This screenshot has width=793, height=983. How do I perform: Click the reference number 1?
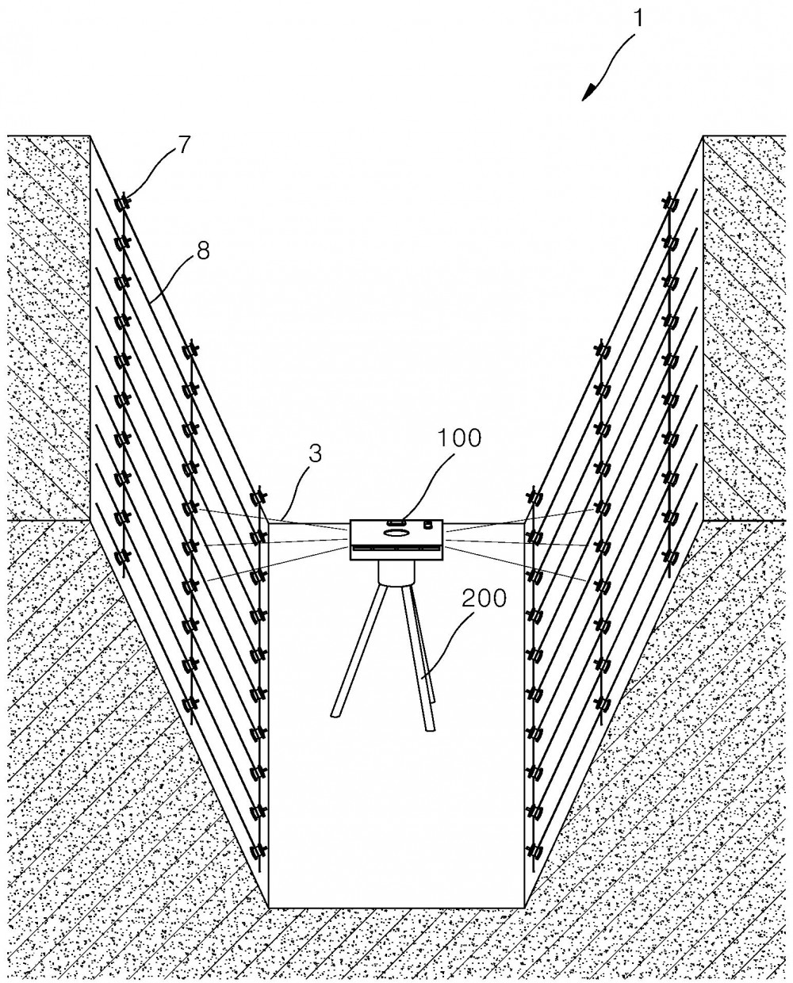click(638, 19)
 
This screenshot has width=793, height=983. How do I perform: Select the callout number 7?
click(182, 146)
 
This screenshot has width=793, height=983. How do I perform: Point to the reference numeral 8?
click(203, 251)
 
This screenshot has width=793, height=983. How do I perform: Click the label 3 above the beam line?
click(315, 453)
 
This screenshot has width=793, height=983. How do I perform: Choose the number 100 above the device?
click(459, 438)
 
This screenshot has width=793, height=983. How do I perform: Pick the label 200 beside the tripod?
click(484, 598)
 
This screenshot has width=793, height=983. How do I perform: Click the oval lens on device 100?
click(396, 533)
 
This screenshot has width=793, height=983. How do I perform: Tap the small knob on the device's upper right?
click(428, 524)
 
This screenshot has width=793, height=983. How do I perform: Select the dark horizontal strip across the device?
click(396, 547)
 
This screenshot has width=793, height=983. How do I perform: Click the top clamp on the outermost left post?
click(122, 202)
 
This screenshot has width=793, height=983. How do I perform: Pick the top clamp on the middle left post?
click(190, 351)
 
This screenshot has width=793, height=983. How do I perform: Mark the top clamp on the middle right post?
click(603, 351)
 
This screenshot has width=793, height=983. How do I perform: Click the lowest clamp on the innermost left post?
click(259, 851)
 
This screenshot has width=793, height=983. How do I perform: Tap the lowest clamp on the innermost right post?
click(534, 851)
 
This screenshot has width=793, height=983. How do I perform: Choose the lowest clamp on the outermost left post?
click(121, 557)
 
